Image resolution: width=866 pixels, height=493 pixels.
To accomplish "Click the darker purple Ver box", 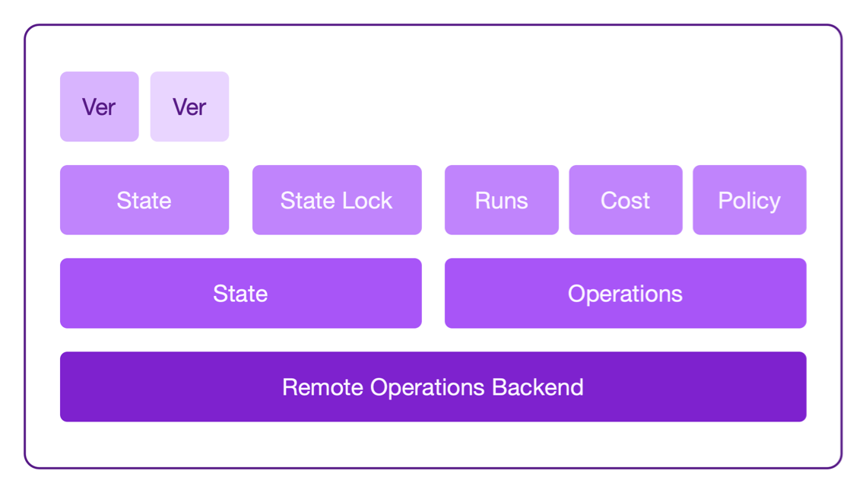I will [99, 107].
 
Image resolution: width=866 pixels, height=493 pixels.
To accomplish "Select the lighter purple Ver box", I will [189, 107].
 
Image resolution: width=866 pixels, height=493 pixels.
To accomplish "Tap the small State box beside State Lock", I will [144, 200].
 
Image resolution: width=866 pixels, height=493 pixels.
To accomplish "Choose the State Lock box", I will [337, 200].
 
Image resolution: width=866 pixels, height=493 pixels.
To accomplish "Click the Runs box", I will [501, 200].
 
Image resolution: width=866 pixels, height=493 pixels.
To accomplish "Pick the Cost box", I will [625, 200].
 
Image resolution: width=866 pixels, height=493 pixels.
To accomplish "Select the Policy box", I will [749, 200].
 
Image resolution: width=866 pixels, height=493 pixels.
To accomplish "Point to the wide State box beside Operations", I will [240, 294].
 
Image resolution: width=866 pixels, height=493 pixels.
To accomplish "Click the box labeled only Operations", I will [625, 294].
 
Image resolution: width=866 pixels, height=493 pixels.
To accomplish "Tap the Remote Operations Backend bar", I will [433, 386].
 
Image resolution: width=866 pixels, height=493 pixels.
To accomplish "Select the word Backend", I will [538, 387].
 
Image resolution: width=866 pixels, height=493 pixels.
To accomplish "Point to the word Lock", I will [367, 201].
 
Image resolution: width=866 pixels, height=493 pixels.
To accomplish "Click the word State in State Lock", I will [308, 201].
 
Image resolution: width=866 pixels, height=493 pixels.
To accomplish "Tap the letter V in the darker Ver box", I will [89, 107].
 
